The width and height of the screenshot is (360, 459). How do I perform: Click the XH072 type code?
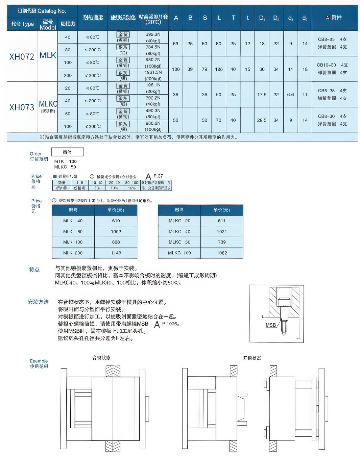pyautogui.click(x=22, y=57)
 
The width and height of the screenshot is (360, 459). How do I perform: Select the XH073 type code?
pyautogui.click(x=22, y=107)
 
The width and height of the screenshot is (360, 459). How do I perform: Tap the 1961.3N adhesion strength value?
pyautogui.click(x=153, y=72)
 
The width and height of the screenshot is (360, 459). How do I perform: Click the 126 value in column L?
pyautogui.click(x=219, y=69)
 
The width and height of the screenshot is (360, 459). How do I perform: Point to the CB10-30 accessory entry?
pyautogui.click(x=326, y=65)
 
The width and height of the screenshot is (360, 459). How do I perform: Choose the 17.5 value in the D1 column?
pyautogui.click(x=262, y=95)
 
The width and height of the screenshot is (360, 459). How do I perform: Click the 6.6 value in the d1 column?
pyautogui.click(x=291, y=95)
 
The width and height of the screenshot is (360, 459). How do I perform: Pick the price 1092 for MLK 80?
pyautogui.click(x=116, y=232)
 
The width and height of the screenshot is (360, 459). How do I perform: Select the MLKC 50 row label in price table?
pyautogui.click(x=179, y=242)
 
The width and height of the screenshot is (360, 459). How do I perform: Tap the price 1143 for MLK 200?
pyautogui.click(x=116, y=253)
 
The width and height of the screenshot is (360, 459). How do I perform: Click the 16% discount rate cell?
pyautogui.click(x=132, y=188)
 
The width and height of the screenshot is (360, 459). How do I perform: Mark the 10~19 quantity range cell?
pyautogui.click(x=97, y=183)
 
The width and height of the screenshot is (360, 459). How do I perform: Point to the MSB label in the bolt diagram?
pyautogui.click(x=271, y=325)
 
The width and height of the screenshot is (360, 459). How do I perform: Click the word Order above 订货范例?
pyautogui.click(x=35, y=154)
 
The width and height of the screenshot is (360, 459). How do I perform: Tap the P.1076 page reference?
pyautogui.click(x=170, y=324)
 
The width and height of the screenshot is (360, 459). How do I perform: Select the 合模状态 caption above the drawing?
pyautogui.click(x=101, y=358)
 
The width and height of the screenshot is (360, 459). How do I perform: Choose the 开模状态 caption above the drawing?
pyautogui.click(x=252, y=358)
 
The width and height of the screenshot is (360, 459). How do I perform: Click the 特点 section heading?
pyautogui.click(x=34, y=270)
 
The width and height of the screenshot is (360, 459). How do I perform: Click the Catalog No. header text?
pyautogui.click(x=52, y=11)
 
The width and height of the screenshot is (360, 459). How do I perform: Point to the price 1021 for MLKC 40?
pyautogui.click(x=222, y=232)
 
